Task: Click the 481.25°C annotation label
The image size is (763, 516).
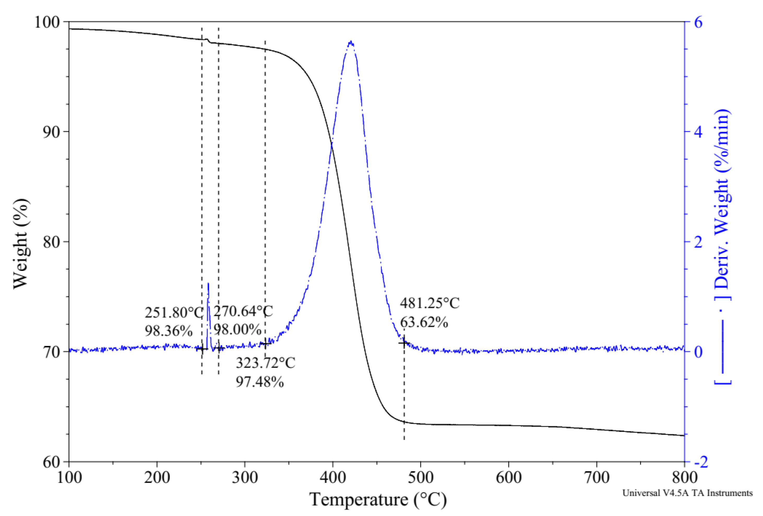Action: (x=430, y=303)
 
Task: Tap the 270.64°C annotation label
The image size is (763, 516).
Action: (x=243, y=311)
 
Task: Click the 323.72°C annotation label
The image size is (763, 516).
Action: (x=265, y=363)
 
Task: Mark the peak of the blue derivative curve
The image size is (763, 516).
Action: (x=351, y=42)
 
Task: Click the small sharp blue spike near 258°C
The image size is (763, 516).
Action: (x=208, y=284)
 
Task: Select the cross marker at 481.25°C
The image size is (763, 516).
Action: (x=404, y=343)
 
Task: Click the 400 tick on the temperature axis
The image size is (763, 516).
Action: (x=333, y=478)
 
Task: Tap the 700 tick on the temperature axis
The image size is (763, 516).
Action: (x=597, y=478)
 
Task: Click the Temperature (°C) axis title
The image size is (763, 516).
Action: (x=378, y=500)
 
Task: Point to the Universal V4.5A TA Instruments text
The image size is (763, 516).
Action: (x=687, y=493)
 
